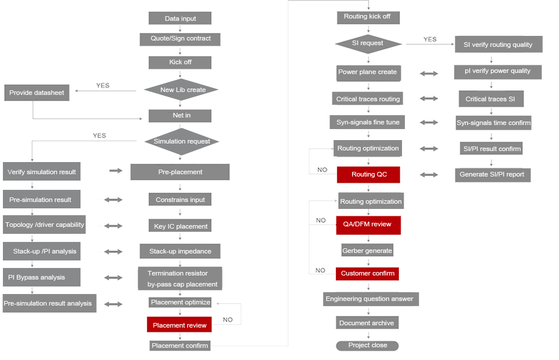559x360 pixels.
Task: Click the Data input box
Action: [x=180, y=19]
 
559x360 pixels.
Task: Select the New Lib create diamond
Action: [x=181, y=90]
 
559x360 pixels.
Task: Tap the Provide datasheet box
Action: [x=36, y=93]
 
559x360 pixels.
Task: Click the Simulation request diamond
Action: [x=181, y=141]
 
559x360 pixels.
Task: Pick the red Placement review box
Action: [x=180, y=325]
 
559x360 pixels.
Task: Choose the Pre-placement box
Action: [x=180, y=172]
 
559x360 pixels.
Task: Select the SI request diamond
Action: [x=368, y=43]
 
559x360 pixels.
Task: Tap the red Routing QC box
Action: [x=368, y=174]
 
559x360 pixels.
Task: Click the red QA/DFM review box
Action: [x=368, y=224]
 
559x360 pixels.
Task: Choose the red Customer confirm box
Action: [x=367, y=273]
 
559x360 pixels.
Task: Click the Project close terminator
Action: [x=367, y=346]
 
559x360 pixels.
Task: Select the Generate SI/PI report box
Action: [x=492, y=174]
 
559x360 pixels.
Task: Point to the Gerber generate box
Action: [x=367, y=251]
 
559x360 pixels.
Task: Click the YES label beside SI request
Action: [x=430, y=39]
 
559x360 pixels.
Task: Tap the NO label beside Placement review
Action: [x=228, y=319]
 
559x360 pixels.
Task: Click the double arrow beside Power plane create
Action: [x=429, y=74]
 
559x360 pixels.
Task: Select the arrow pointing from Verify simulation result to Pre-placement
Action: [x=116, y=171]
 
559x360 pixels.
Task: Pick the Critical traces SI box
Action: [x=490, y=99]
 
